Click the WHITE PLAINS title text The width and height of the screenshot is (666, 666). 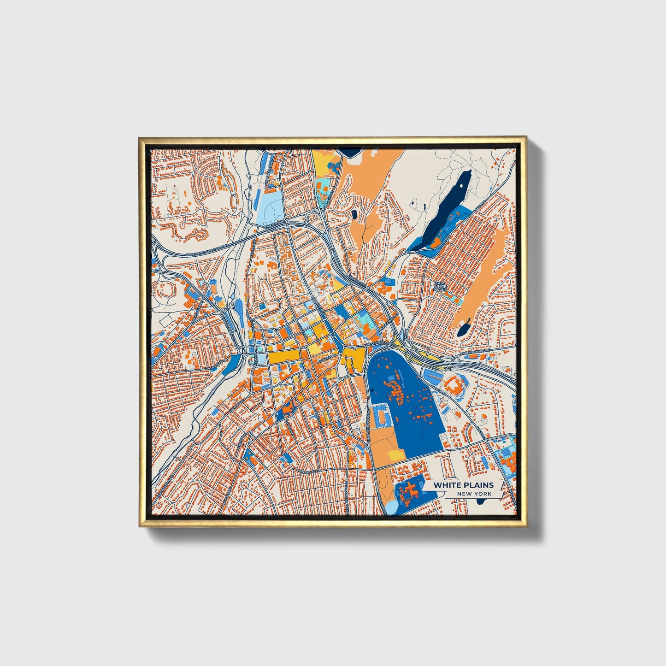pos(464,485)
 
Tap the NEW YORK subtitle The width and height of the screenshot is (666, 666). pos(474,494)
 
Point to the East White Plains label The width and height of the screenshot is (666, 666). pos(440,286)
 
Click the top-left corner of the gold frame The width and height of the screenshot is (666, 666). pos(141,139)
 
